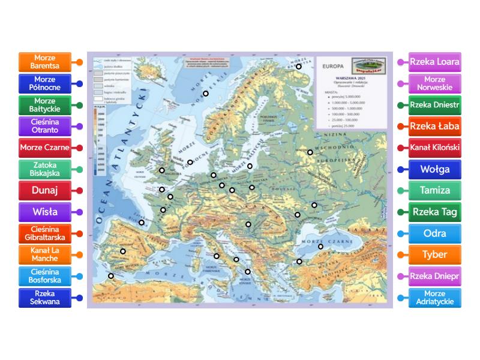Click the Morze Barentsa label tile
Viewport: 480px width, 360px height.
[44, 62]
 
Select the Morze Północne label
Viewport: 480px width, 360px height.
[44, 83]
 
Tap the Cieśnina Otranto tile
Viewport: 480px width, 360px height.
[44, 126]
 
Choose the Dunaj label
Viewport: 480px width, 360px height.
[44, 191]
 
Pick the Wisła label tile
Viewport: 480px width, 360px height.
[44, 212]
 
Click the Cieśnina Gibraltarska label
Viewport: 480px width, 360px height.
[44, 233]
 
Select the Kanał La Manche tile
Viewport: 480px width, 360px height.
[44, 254]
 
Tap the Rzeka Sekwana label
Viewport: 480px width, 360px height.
[44, 298]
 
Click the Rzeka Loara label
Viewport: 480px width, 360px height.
[434, 62]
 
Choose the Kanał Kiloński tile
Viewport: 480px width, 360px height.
[434, 148]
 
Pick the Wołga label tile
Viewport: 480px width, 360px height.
[434, 169]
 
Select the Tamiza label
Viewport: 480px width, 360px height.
[434, 191]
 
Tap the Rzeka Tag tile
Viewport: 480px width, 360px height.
[434, 212]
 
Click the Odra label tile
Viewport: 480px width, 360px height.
[434, 233]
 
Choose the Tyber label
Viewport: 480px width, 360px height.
[434, 254]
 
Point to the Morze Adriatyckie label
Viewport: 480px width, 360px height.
[434, 298]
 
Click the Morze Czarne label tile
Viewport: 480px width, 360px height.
[44, 148]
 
